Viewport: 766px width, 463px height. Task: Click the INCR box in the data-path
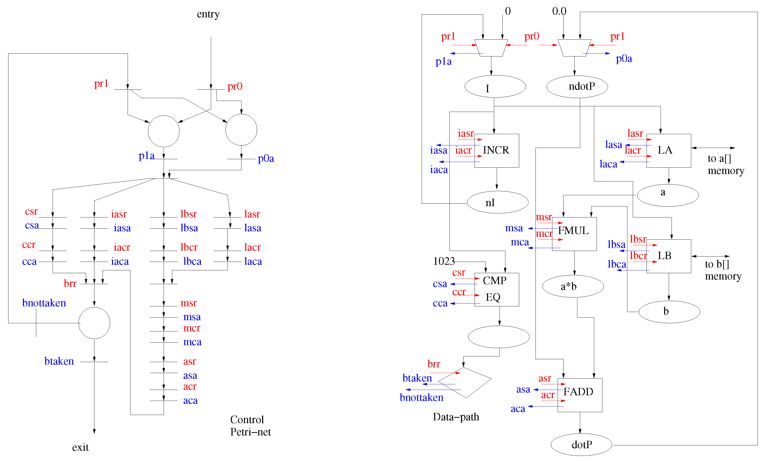pyautogui.click(x=496, y=151)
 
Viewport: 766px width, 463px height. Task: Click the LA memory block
pyautogui.click(x=668, y=151)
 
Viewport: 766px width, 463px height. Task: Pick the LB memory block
pyautogui.click(x=668, y=256)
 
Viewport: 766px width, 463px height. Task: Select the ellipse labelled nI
pyautogui.click(x=497, y=202)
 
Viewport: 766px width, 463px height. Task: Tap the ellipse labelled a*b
pyautogui.click(x=573, y=286)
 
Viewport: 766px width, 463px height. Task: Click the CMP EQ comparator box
pyautogui.click(x=496, y=289)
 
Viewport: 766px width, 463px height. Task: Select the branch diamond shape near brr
pyautogui.click(x=465, y=383)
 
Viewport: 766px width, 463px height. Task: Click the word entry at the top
pyautogui.click(x=208, y=14)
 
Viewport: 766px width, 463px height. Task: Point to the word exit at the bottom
pyautogui.click(x=80, y=447)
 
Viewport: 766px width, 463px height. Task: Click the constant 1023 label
pyautogui.click(x=444, y=261)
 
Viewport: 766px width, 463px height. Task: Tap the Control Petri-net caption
pyautogui.click(x=250, y=425)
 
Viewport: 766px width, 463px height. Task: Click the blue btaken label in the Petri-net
pyautogui.click(x=59, y=361)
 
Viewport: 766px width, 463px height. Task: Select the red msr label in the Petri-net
pyautogui.click(x=188, y=303)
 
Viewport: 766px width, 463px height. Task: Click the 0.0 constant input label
pyautogui.click(x=559, y=11)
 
